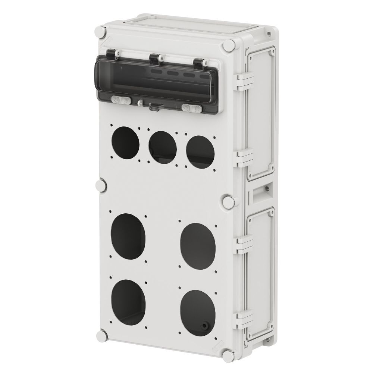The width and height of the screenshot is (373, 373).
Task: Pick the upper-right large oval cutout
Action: (x=198, y=246)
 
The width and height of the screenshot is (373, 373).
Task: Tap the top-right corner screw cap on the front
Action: (x=229, y=47)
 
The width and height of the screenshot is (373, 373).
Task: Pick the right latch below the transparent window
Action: (x=191, y=108)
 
